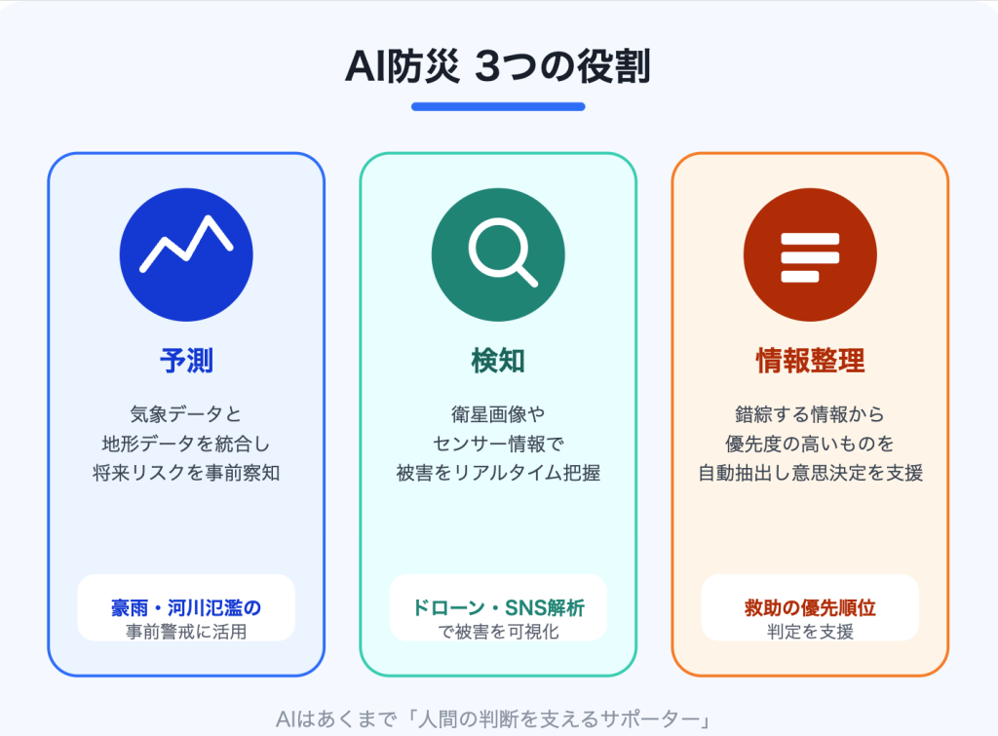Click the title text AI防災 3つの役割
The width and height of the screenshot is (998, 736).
point(498,66)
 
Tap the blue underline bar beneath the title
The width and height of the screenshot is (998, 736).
point(498,107)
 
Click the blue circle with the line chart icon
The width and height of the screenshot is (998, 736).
point(186,254)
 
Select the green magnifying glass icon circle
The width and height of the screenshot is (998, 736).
point(498,254)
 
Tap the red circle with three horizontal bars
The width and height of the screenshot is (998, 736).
point(810,254)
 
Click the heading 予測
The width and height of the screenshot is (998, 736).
point(186,361)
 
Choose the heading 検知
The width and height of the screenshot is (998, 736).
point(498,361)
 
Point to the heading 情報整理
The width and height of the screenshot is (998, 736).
point(810,361)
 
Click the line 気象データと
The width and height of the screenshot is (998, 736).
point(186,414)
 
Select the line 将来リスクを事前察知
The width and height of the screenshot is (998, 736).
point(186,473)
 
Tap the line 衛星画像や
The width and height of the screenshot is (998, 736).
point(498,414)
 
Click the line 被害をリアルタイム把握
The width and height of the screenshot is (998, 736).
point(498,473)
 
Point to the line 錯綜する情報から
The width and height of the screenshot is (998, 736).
point(810,414)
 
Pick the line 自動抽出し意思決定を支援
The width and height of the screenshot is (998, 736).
point(810,473)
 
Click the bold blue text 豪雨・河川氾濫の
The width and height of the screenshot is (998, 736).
point(186,608)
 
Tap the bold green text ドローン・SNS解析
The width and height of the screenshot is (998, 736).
point(498,608)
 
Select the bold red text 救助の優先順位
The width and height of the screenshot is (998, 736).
point(810,608)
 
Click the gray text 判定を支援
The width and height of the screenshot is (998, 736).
point(810,632)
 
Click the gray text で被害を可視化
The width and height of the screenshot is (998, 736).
point(498,632)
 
